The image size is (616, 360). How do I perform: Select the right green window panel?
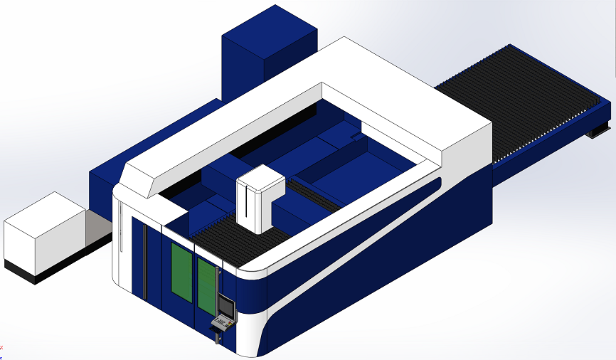click(x=206, y=285)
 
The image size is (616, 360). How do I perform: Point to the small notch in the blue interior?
click(x=356, y=135)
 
